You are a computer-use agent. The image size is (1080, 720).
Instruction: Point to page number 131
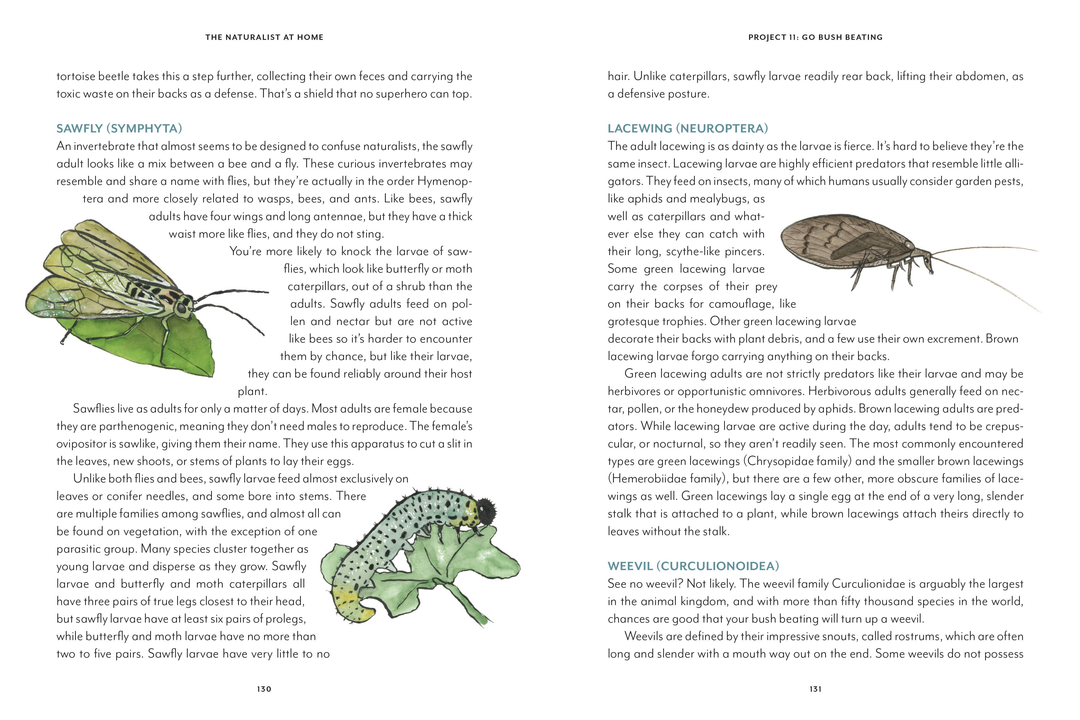(815, 689)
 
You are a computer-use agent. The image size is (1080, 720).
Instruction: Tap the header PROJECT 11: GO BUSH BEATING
(815, 37)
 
